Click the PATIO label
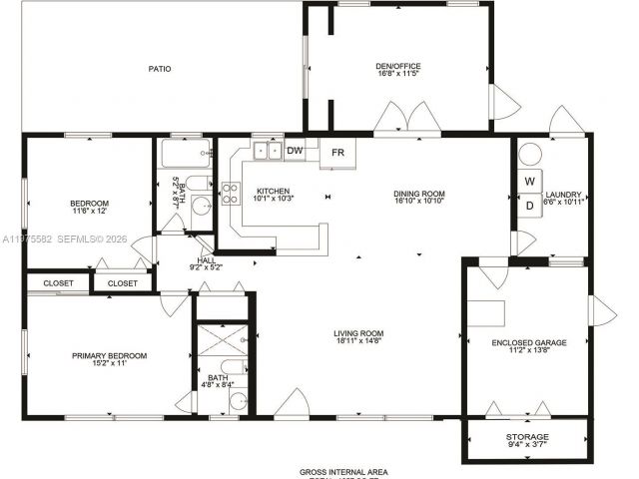tap(160, 69)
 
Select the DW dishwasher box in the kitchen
tap(295, 151)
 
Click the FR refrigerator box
tap(337, 153)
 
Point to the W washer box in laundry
tap(530, 182)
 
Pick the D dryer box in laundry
tap(530, 205)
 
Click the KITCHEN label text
tap(273, 191)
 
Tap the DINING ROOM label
tap(418, 194)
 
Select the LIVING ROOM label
tap(358, 333)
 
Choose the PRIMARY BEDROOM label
tap(109, 355)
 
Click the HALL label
tap(206, 259)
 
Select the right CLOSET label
tap(122, 283)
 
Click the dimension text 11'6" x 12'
tap(89, 211)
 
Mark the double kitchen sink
tap(267, 152)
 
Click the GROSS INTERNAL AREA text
tap(343, 471)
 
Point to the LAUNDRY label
tap(564, 195)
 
